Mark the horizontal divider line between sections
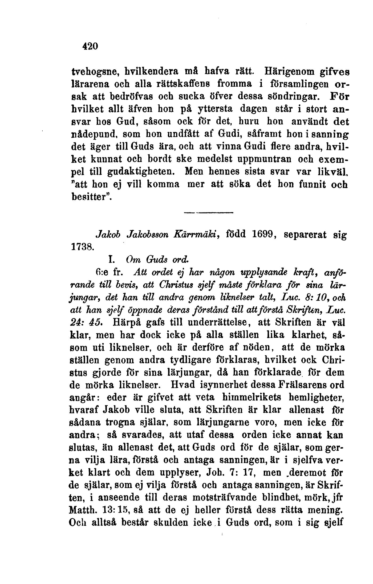click(208, 212)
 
